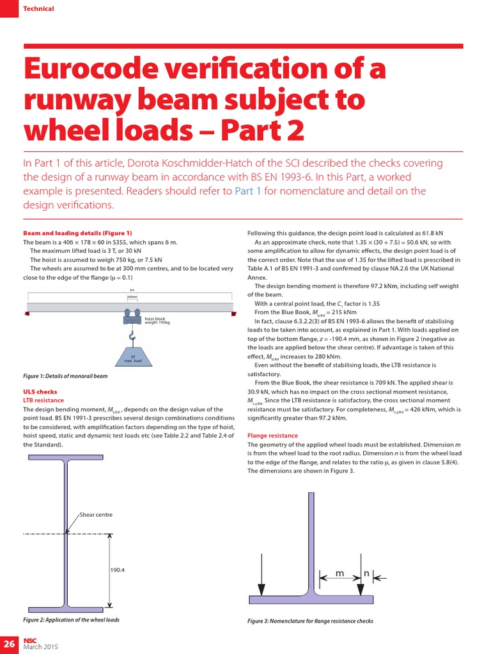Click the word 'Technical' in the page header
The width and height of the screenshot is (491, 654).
tap(38, 8)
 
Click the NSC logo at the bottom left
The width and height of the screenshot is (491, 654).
tap(31, 640)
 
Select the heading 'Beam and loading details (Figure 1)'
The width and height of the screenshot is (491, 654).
tap(77, 233)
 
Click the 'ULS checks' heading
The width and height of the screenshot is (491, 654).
tap(40, 392)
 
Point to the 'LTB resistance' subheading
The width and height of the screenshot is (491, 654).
tap(43, 400)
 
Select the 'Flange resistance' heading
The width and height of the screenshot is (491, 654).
tap(272, 435)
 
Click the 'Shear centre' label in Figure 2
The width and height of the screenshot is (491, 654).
tap(95, 514)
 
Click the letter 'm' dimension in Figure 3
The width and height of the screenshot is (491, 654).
tap(339, 574)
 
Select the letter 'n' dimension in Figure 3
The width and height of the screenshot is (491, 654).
tap(366, 574)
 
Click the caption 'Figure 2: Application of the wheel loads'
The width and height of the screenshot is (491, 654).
tap(71, 620)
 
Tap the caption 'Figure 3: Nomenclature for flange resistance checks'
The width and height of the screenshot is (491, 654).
tap(310, 621)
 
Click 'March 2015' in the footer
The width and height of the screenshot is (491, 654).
tap(41, 647)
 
